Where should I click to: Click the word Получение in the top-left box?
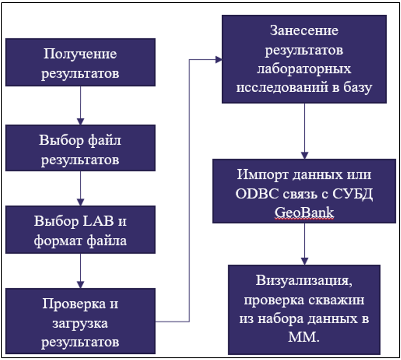tap(80, 55)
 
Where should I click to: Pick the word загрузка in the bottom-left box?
tap(80, 323)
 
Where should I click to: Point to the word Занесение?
tap(304, 31)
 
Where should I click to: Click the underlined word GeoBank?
tap(305, 213)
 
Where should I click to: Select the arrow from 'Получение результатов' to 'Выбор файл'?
tap(80, 105)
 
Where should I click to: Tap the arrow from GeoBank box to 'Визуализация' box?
tap(305, 244)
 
